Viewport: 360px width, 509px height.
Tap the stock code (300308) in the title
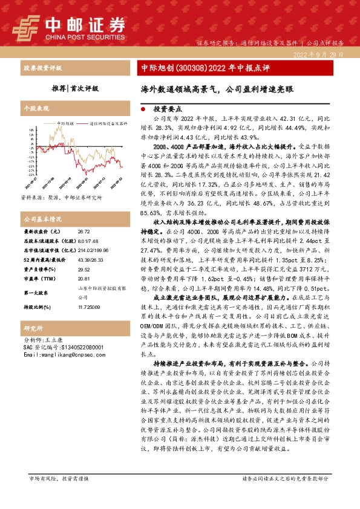(191, 68)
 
